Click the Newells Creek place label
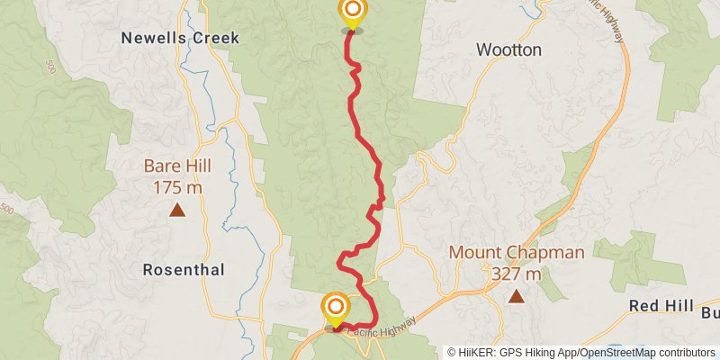(x=181, y=38)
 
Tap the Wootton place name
(x=508, y=49)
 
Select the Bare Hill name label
(x=178, y=166)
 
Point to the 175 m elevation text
(x=178, y=187)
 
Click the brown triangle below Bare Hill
(x=178, y=211)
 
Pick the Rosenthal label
(x=184, y=269)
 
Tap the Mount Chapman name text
(x=517, y=253)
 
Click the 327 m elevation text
(x=517, y=274)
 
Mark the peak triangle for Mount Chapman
(x=517, y=296)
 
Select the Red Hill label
(x=661, y=305)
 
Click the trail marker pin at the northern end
(x=353, y=12)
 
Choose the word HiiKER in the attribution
(x=477, y=352)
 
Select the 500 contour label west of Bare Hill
(x=7, y=209)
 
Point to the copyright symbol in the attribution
(x=452, y=352)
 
